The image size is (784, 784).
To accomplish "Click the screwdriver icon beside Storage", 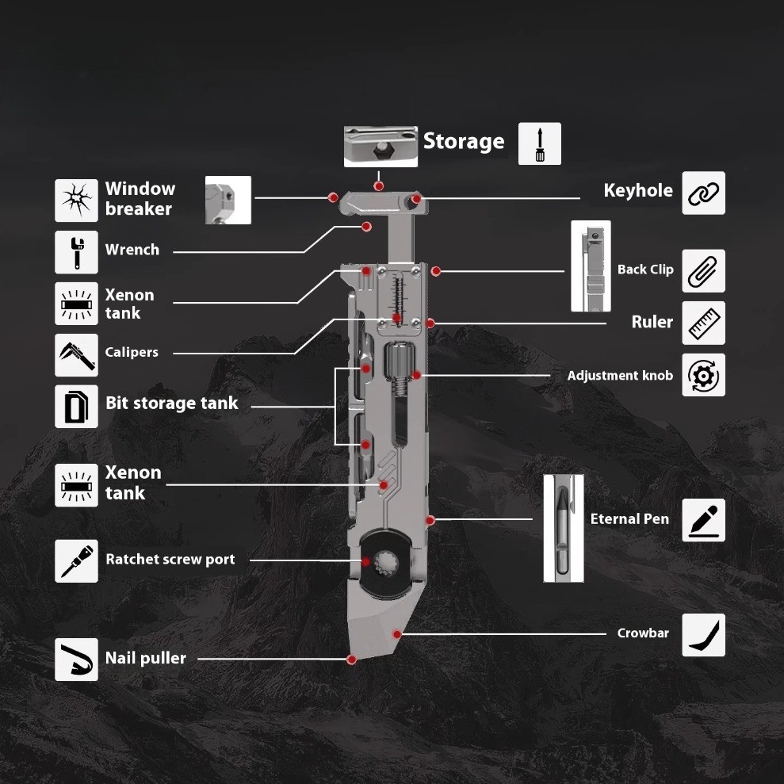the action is click(x=540, y=143).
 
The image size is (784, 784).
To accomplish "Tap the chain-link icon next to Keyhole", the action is click(x=703, y=193).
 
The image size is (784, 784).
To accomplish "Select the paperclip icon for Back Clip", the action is click(x=703, y=270).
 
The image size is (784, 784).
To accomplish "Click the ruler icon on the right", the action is click(x=703, y=323).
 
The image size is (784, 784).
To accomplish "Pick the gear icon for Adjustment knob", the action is click(x=703, y=375).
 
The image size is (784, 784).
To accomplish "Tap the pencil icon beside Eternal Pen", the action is click(x=703, y=520).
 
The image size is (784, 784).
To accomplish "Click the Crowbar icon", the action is click(x=703, y=635).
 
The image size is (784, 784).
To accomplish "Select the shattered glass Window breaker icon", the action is click(x=77, y=200).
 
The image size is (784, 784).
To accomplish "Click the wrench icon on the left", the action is click(x=77, y=252).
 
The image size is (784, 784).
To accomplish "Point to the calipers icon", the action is click(x=77, y=355).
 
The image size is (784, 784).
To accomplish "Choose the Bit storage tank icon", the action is click(x=77, y=407).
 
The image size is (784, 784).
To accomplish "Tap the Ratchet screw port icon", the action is click(x=77, y=561).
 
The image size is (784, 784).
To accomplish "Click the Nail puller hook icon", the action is click(x=77, y=660).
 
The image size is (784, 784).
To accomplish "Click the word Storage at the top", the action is click(x=464, y=141).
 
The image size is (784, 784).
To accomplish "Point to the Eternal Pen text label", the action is click(x=629, y=519).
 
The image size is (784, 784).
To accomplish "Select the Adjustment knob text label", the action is click(x=620, y=376).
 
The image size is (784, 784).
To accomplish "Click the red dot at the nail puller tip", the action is click(x=351, y=660).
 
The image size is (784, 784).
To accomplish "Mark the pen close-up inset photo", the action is click(x=564, y=528).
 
